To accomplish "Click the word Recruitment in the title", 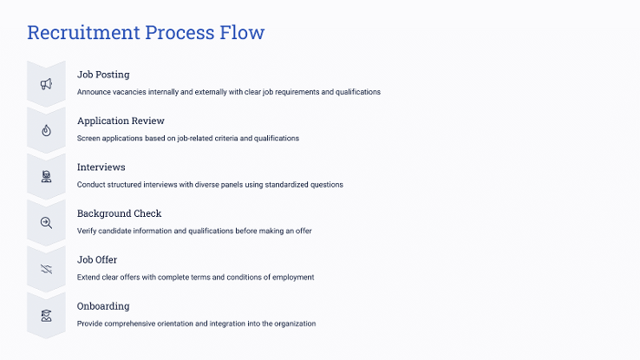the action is [83, 32].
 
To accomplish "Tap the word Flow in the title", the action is [242, 32].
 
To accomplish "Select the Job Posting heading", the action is [103, 75].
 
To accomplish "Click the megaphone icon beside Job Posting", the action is [46, 83].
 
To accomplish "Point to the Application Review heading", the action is [121, 121].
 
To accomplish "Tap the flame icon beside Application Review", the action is [46, 130].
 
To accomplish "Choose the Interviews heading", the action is [101, 167].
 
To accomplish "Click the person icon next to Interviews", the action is [46, 176].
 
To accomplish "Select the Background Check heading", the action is [119, 213].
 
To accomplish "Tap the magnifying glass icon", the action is [46, 222].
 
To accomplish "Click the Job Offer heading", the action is [97, 259].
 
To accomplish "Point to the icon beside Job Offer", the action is [46, 269].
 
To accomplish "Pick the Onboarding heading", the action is [103, 306].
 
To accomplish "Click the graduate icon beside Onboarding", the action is [46, 316].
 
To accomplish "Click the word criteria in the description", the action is [226, 139].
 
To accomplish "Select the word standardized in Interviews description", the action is [286, 185].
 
